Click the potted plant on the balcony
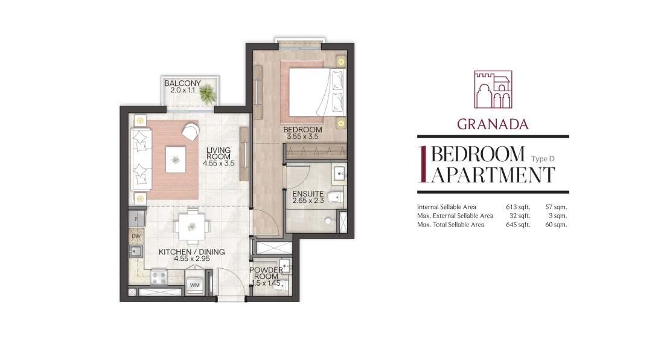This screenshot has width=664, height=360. pyautogui.click(x=208, y=94)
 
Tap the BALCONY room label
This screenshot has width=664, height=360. pyautogui.click(x=182, y=83)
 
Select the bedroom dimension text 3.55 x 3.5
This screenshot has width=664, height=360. pyautogui.click(x=302, y=137)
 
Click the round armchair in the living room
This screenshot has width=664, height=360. pyautogui.click(x=191, y=131)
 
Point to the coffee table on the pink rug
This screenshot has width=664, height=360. pyautogui.click(x=175, y=159)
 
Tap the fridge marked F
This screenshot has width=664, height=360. pyautogui.click(x=137, y=219)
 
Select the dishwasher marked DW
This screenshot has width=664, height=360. pyautogui.click(x=136, y=236)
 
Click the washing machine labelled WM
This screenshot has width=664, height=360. pyautogui.click(x=195, y=285)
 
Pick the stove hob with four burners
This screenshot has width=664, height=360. pyautogui.click(x=159, y=277)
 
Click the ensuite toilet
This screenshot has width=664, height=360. pyautogui.click(x=336, y=197)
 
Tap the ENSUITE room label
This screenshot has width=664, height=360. pyautogui.click(x=308, y=193)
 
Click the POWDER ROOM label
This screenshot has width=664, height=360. pyautogui.click(x=266, y=273)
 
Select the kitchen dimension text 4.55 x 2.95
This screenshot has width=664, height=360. pyautogui.click(x=192, y=259)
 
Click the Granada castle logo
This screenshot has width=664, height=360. pyautogui.click(x=493, y=89)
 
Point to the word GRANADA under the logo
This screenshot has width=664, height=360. pyautogui.click(x=493, y=124)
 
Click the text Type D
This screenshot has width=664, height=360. pyautogui.click(x=543, y=159)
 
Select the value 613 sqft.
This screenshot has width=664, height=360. pyautogui.click(x=518, y=207)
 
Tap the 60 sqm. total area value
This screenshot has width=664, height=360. pyautogui.click(x=556, y=225)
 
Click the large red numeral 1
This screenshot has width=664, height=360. pyautogui.click(x=422, y=164)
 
